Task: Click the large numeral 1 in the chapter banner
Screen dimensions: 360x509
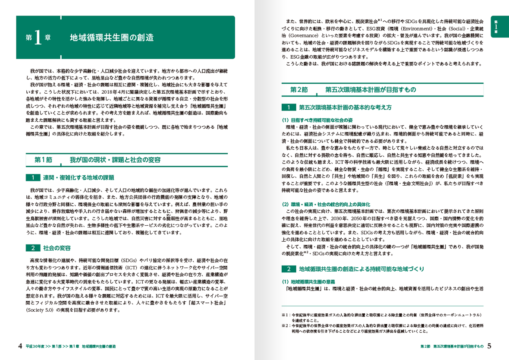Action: click(38, 38)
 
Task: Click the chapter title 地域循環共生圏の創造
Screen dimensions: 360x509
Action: click(112, 38)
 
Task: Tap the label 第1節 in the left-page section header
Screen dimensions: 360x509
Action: click(44, 160)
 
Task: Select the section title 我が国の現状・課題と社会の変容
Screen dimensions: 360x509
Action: click(115, 160)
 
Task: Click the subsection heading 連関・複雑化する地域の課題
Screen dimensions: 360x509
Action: click(79, 177)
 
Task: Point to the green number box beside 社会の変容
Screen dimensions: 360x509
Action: click(33, 248)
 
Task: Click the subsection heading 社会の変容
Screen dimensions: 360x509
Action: click(57, 248)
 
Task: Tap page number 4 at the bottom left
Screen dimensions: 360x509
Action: click(20, 346)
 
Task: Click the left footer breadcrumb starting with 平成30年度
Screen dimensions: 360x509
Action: click(70, 347)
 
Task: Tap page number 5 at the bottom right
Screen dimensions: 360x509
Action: click(489, 346)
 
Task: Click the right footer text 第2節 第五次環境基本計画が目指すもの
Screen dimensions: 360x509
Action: click(452, 346)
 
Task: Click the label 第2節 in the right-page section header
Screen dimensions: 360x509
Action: click(299, 90)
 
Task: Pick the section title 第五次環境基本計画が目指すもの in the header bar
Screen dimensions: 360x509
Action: click(371, 90)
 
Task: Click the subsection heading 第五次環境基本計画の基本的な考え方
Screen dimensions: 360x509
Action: click(345, 107)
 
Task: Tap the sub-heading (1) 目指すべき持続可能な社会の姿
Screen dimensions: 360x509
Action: click(317, 120)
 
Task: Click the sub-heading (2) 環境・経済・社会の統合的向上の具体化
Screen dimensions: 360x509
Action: click(326, 204)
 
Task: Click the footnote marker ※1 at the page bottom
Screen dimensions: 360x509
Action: click(285, 315)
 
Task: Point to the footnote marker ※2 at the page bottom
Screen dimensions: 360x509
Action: click(285, 325)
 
